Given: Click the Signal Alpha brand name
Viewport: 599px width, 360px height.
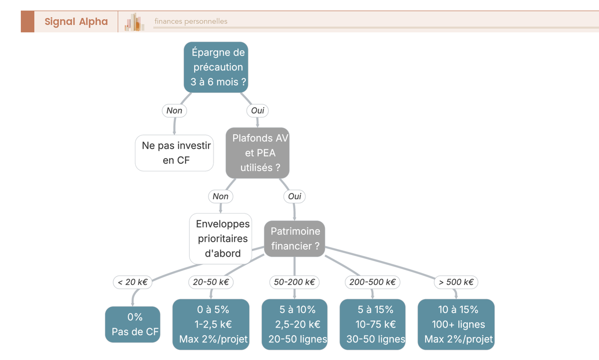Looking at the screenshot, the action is (76, 21).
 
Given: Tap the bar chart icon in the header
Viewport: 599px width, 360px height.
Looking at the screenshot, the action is (134, 21).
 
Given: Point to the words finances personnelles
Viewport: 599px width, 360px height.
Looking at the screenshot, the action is (191, 21).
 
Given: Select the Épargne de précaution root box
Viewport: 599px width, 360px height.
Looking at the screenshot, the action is (216, 67).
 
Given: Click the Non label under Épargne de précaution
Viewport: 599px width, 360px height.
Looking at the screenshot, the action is (174, 110).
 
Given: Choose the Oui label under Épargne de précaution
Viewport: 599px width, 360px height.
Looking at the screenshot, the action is (258, 110).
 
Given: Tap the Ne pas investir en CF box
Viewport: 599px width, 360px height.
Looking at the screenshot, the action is (174, 153).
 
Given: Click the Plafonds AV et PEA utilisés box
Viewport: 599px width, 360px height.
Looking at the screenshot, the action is (258, 153).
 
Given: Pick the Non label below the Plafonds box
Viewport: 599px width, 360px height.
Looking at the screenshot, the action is (221, 196).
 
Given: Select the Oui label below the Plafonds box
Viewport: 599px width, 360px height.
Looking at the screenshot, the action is (295, 196).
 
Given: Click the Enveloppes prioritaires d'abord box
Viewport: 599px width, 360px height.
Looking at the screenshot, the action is (221, 239).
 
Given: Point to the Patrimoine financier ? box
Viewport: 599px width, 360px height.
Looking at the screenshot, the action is (295, 239).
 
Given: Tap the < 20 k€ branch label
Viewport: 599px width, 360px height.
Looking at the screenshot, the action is (133, 282).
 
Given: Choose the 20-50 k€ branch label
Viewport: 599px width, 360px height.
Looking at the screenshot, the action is (211, 282).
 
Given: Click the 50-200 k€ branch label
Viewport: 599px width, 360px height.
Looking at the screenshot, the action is (295, 282).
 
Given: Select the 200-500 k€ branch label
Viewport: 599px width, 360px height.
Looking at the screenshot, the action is (372, 282).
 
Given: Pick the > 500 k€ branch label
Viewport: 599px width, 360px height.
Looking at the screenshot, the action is (456, 282).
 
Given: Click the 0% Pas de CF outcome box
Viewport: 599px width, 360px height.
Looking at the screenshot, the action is (133, 325).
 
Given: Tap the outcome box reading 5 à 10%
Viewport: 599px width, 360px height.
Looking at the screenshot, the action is (295, 325).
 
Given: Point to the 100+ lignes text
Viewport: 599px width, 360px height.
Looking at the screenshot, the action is (458, 325).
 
